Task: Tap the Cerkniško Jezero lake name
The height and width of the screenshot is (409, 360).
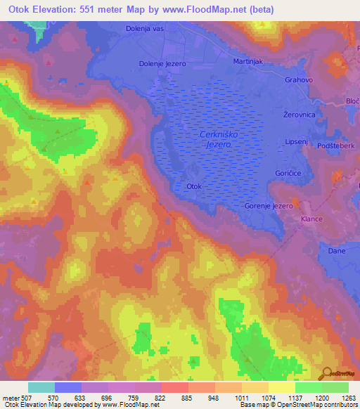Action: coord(215,139)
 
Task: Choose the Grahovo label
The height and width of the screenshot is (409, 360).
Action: coord(298,80)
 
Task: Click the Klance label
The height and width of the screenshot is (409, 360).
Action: coord(311,219)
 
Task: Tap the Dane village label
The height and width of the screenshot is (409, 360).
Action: coord(335,250)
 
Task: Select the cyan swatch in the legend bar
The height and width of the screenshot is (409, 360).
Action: coord(41,387)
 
